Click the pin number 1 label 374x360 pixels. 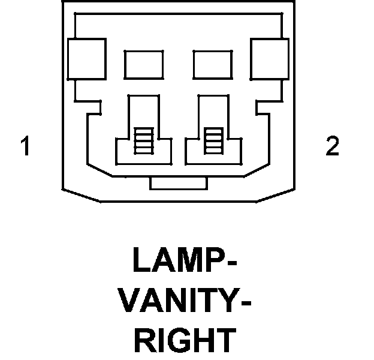click(25, 146)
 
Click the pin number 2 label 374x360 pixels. click(332, 146)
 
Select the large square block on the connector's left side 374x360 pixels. click(88, 58)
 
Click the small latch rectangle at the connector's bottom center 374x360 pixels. click(178, 182)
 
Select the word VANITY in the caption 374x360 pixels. click(176, 302)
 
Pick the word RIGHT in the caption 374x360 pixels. click(184, 340)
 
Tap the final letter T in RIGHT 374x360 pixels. click(225, 340)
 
